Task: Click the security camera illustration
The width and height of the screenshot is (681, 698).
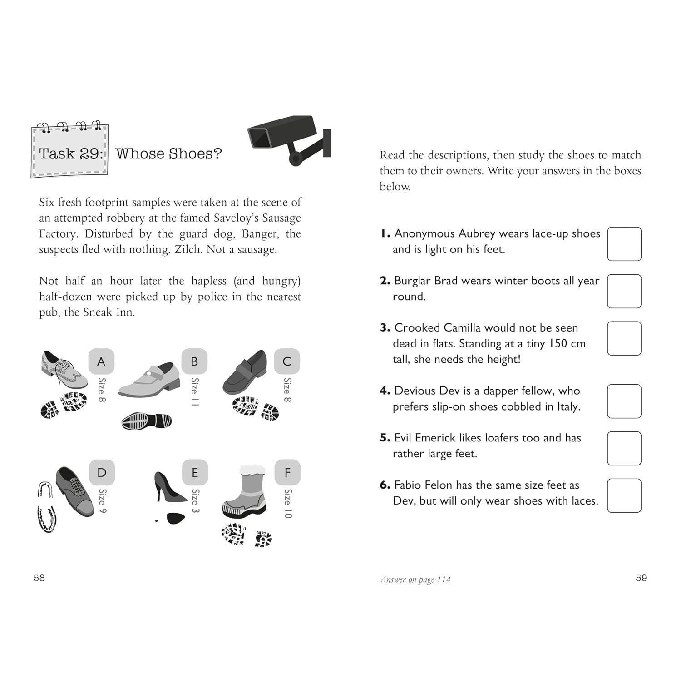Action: pyautogui.click(x=289, y=139)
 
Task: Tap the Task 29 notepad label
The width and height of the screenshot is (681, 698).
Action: pyautogui.click(x=69, y=150)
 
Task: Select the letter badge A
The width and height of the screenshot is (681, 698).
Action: pyautogui.click(x=101, y=361)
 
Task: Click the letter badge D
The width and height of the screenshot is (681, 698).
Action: pyautogui.click(x=102, y=472)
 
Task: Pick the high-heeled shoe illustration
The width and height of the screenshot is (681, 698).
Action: pyautogui.click(x=170, y=486)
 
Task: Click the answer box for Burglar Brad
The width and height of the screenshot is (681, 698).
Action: pyautogui.click(x=624, y=291)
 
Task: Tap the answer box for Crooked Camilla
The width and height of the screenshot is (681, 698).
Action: pyautogui.click(x=624, y=338)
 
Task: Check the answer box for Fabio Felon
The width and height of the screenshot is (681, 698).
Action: pyautogui.click(x=624, y=495)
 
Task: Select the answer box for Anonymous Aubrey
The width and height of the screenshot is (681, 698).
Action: pyautogui.click(x=624, y=244)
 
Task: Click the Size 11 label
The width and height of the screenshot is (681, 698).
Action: pyautogui.click(x=194, y=392)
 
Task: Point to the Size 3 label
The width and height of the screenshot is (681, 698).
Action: pyautogui.click(x=195, y=500)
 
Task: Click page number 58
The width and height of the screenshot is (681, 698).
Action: pyautogui.click(x=39, y=578)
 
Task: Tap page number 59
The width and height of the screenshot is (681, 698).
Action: pyautogui.click(x=641, y=578)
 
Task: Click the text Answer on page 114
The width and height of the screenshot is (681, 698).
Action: pyautogui.click(x=415, y=579)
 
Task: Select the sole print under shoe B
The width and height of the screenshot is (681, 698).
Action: pyautogui.click(x=147, y=421)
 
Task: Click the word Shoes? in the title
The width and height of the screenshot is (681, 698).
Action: pyautogui.click(x=195, y=153)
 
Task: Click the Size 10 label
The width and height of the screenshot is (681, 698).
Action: pyautogui.click(x=288, y=504)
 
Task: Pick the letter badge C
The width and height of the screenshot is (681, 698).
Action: pyautogui.click(x=287, y=361)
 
